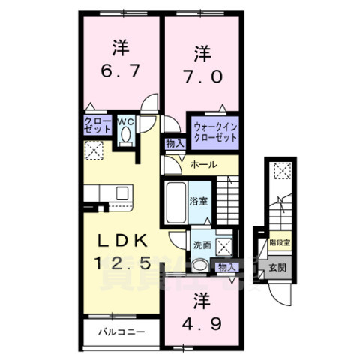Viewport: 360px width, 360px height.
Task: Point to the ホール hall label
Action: coord(202,164)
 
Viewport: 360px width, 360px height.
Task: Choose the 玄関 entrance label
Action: coord(276,268)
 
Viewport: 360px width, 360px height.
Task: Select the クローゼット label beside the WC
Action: coord(97,124)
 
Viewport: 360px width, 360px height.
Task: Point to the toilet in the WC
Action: coord(125,134)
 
